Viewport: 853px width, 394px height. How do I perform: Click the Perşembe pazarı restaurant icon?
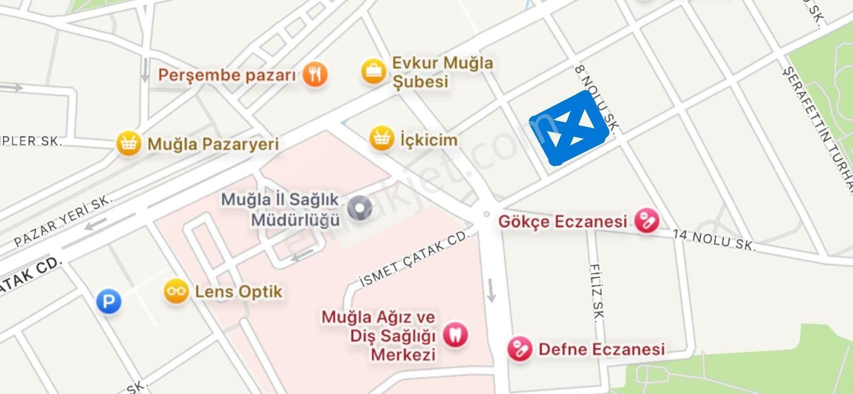315,74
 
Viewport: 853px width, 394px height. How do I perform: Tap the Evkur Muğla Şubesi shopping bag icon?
374,71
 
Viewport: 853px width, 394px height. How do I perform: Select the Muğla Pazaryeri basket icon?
128,143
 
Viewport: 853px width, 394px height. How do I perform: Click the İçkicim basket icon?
382,139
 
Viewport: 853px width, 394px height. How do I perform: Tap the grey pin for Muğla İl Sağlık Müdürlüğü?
359,208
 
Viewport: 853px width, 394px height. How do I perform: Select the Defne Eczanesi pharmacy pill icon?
520,349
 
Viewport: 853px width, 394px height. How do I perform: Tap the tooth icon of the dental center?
455,335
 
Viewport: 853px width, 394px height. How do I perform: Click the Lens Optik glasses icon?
176,291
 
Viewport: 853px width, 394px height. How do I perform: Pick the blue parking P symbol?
109,302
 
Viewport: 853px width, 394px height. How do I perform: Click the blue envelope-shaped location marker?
570,128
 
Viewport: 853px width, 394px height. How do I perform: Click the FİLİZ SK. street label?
597,292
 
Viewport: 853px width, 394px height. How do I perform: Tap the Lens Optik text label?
238,292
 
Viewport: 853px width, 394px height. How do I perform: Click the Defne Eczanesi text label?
601,349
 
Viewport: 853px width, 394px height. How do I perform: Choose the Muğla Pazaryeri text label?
213,144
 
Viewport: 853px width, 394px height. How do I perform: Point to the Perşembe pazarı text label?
227,75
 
